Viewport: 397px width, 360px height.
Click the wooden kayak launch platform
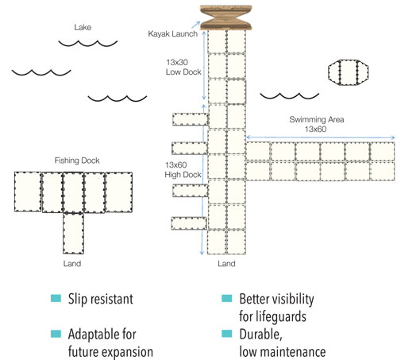225,17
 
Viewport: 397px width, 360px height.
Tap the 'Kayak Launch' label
172,34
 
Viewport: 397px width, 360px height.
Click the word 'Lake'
83,27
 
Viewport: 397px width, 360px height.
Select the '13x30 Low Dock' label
183,67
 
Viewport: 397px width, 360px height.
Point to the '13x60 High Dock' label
183,170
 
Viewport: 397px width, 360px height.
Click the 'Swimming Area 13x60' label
317,124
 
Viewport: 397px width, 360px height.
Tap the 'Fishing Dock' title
77,161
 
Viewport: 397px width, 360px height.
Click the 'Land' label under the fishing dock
72,264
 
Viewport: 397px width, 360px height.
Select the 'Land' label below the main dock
226,264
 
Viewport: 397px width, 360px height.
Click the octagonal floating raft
348,72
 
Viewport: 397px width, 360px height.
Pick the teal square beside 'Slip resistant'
56,298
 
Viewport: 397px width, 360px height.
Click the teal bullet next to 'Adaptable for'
56,334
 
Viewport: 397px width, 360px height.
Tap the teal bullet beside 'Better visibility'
227,298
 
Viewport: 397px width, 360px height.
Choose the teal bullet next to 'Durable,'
227,334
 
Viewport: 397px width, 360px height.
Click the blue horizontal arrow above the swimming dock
321,137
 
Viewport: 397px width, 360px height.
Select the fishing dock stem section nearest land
73,234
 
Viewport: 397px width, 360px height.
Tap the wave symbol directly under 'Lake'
88,43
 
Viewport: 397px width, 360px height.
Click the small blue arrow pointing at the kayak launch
196,25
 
